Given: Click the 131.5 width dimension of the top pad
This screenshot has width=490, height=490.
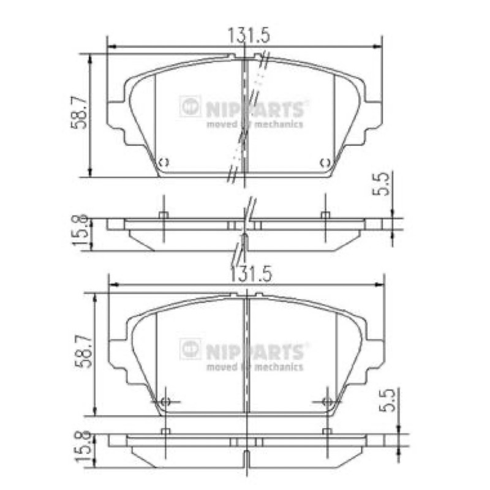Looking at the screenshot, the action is (249, 35).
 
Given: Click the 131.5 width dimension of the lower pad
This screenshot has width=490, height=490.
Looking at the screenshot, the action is (251, 274).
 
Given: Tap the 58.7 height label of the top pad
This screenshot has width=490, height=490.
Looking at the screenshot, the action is (78, 112).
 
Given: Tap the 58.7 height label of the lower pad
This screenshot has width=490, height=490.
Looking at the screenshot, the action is (83, 351).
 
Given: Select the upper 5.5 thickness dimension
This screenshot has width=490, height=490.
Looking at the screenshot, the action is (381, 184).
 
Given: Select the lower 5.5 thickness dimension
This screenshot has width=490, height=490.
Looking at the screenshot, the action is (387, 401).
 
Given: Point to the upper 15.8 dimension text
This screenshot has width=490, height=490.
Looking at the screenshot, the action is (80, 230).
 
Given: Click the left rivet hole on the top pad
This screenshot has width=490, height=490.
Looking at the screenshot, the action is (164, 162).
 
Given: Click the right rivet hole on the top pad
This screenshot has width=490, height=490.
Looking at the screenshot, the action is (325, 162).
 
